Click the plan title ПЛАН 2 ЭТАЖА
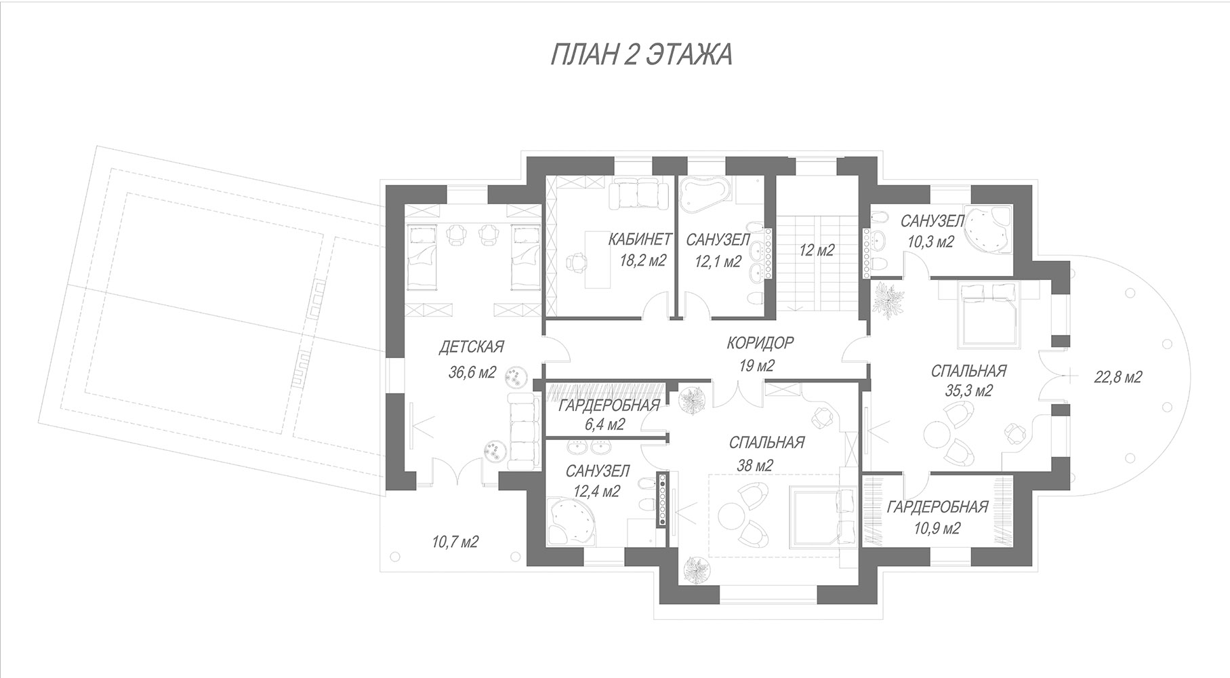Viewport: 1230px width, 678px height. click(x=640, y=55)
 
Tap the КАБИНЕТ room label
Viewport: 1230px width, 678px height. click(x=640, y=239)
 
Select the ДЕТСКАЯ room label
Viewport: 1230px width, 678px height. click(x=472, y=347)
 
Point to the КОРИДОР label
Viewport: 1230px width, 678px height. click(x=760, y=343)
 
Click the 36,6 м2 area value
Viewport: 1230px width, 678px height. click(x=472, y=372)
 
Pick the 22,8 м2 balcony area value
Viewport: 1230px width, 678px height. click(x=1118, y=377)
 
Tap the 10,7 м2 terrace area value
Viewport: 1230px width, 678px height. click(x=455, y=542)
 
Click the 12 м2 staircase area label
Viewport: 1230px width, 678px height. click(x=816, y=250)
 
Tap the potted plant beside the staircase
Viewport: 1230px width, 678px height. click(x=889, y=298)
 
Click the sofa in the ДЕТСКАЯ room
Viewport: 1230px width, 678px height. click(x=523, y=432)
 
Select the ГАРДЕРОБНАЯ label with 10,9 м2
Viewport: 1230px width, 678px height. click(x=937, y=507)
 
